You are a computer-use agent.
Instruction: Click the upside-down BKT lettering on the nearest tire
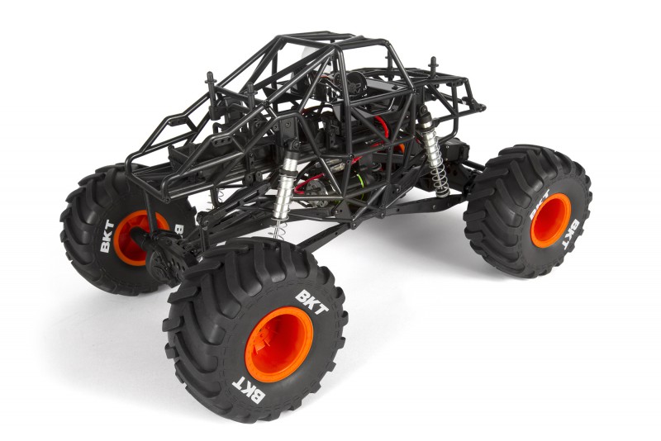click(x=249, y=390)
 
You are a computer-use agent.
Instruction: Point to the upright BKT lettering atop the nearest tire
click(x=311, y=302)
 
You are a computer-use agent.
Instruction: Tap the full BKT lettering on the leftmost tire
click(x=107, y=236)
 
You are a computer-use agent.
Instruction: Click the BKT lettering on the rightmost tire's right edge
click(x=572, y=235)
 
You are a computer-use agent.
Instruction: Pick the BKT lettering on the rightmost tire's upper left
click(x=540, y=204)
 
